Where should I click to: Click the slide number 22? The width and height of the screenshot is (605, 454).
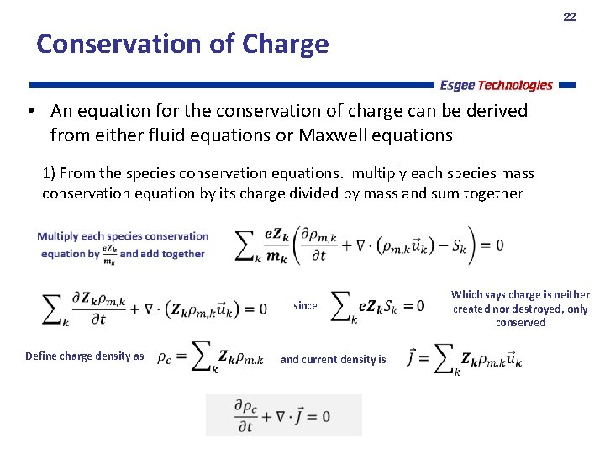tap(569, 17)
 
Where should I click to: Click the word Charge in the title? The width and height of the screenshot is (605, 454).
tap(285, 44)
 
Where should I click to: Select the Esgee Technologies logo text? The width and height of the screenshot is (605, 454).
tap(496, 85)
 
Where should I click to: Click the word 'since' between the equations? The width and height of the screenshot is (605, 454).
tap(305, 306)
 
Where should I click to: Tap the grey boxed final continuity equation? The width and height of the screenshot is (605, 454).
tap(283, 415)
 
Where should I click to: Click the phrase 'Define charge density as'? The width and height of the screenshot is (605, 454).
tap(84, 356)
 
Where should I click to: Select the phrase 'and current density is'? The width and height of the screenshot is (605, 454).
tap(333, 360)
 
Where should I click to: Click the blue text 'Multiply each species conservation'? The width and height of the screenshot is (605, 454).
tap(123, 236)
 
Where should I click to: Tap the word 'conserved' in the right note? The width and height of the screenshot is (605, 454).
tap(520, 323)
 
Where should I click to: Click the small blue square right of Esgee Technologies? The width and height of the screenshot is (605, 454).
tap(566, 85)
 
